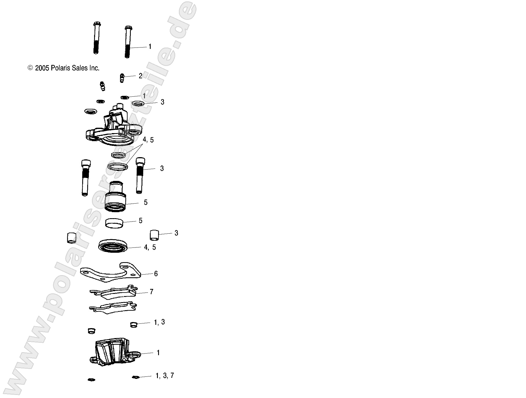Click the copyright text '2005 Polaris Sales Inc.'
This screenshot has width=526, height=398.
point(67,68)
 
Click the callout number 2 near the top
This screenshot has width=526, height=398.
point(140,76)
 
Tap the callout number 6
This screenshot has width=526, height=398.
point(156,274)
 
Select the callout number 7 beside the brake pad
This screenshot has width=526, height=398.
point(151,292)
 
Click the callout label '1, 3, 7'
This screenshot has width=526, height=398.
point(165,376)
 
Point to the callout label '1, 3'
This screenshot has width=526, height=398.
point(159,322)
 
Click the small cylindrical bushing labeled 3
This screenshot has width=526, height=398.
point(154,235)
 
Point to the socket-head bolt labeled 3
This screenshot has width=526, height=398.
point(140,176)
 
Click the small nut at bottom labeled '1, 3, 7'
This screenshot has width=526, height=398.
point(136,377)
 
